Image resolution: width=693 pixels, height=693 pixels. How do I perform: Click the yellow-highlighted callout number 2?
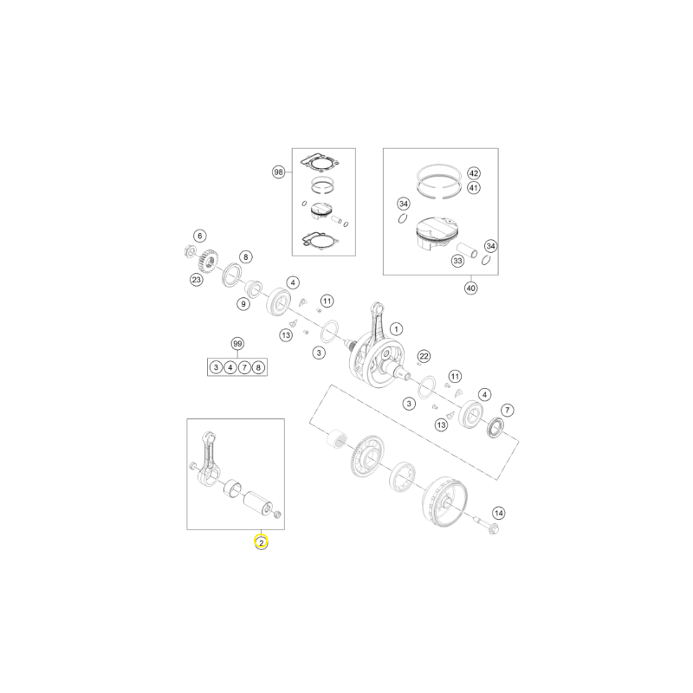262,542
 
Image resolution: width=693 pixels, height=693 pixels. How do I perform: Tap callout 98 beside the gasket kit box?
278,172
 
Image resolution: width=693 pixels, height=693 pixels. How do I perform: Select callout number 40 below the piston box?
471,288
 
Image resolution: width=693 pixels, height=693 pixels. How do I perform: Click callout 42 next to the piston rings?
474,172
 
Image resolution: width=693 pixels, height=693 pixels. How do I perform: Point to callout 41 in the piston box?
474,188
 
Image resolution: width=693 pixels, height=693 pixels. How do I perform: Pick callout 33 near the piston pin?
458,261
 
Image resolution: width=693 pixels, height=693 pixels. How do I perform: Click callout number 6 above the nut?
200,236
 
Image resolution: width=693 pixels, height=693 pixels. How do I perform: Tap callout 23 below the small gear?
197,279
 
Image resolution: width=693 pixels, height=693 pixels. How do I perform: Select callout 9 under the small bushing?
243,304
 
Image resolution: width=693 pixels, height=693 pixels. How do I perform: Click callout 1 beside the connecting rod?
396,329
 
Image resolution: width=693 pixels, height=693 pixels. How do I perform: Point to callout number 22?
424,356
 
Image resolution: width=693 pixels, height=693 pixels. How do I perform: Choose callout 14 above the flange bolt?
499,513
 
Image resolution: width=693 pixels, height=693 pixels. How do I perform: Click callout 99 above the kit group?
237,344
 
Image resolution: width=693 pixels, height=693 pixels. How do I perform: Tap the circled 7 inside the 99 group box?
244,367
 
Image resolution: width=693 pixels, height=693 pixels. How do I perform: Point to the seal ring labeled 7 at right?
495,427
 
